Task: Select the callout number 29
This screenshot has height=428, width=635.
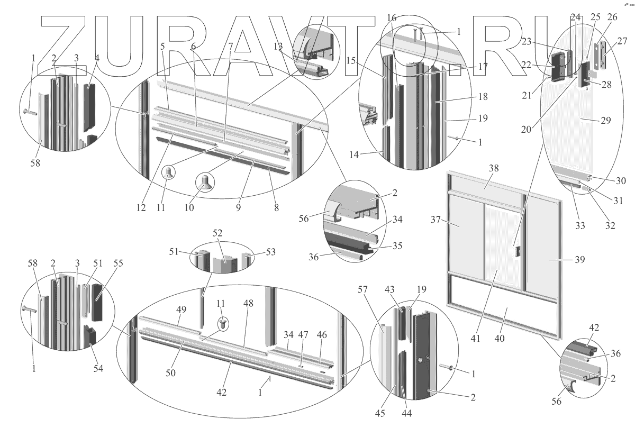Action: pyautogui.click(x=605, y=121)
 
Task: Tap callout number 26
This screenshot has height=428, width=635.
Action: pyautogui.click(x=612, y=17)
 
